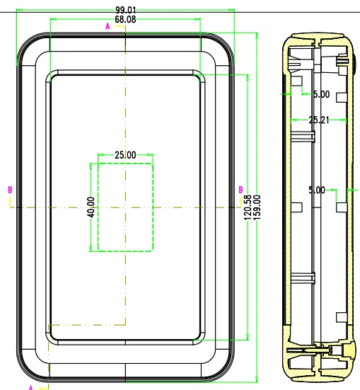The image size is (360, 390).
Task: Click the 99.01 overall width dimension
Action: click(126, 10)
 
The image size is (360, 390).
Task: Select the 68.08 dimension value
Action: click(126, 19)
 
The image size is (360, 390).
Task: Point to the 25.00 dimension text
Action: click(126, 155)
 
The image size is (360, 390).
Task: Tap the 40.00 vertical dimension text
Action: click(91, 207)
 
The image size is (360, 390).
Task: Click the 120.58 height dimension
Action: click(248, 207)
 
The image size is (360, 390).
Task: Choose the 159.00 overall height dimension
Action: click(257, 207)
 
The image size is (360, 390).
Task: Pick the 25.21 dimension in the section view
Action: click(319, 120)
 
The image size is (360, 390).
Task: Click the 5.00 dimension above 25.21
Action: click(322, 94)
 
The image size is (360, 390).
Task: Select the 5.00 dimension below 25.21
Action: click(317, 190)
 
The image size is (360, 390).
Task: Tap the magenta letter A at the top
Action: click(108, 26)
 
